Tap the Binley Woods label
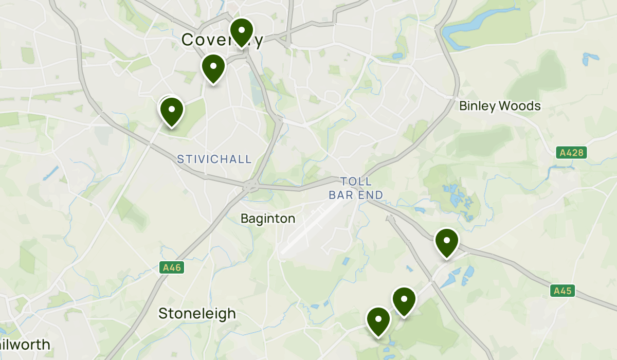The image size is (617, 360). [500, 106]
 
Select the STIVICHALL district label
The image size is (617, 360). [214, 159]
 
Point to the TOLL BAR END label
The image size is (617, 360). [356, 188]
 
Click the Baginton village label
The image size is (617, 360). [268, 219]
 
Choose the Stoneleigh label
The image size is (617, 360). [197, 313]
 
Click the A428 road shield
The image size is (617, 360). [571, 153]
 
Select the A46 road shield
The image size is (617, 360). [172, 267]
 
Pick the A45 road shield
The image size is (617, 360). [563, 291]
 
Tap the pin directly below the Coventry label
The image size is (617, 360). [213, 68]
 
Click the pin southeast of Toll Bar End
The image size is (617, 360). [446, 242]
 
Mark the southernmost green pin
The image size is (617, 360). [378, 321]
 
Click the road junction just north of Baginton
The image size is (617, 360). [251, 186]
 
